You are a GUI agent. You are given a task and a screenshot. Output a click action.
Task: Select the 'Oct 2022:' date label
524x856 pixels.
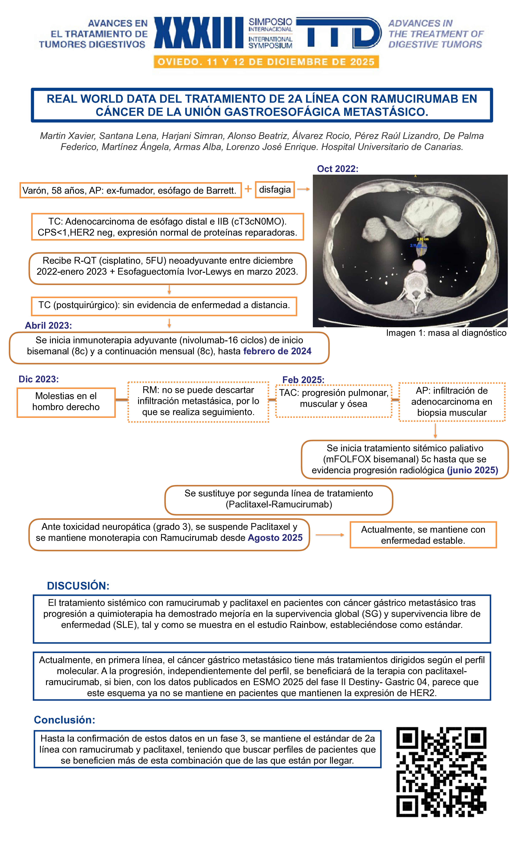point(337,169)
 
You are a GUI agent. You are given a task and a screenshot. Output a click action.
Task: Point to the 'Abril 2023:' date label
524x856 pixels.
point(48,325)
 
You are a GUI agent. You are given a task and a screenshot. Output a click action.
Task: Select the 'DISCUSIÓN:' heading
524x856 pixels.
point(78,586)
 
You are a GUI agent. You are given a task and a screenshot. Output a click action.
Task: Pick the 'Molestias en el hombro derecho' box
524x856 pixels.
point(66,402)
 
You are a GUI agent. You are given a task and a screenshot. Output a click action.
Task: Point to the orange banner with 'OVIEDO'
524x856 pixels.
point(266,62)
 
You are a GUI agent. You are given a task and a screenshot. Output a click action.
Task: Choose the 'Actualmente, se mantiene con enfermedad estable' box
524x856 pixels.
point(423,535)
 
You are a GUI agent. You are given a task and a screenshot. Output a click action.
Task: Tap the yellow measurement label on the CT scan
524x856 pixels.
point(423,239)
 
